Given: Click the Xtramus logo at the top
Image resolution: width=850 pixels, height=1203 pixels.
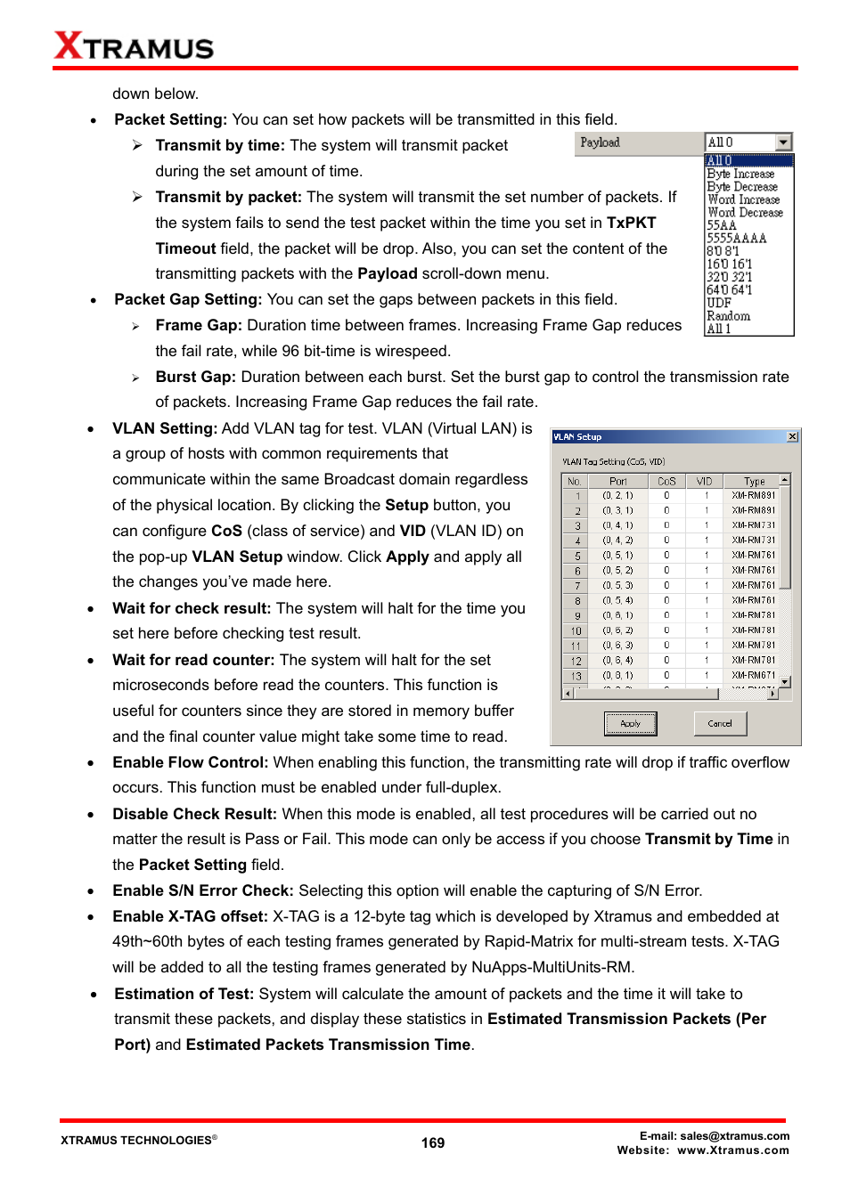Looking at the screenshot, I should click(134, 45).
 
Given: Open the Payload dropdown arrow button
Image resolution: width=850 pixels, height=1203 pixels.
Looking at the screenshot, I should click(783, 142).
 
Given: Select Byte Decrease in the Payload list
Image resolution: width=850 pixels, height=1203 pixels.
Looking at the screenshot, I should click(742, 187).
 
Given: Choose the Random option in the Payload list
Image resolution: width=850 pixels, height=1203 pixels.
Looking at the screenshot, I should click(728, 316).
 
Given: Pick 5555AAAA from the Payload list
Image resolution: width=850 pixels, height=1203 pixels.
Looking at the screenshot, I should click(736, 239).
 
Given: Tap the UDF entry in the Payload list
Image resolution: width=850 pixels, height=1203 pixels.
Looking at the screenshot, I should click(718, 303).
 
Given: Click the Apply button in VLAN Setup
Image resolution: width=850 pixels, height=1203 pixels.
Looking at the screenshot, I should click(630, 724).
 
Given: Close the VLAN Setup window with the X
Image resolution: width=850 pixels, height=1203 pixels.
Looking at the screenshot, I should click(792, 437).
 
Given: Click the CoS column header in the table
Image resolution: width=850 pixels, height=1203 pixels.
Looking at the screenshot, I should click(666, 482).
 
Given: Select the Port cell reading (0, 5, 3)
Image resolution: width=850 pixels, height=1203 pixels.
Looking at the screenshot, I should click(617, 586).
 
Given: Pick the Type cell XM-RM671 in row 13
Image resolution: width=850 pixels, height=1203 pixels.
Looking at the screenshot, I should click(753, 676).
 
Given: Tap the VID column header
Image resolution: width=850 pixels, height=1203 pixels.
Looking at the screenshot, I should click(704, 482).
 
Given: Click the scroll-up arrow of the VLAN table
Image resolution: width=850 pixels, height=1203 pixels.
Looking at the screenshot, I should click(784, 480).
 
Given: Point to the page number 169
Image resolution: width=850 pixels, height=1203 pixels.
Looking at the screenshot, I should click(433, 1142).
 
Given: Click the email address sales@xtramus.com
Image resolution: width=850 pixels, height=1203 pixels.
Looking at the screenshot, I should click(734, 1136).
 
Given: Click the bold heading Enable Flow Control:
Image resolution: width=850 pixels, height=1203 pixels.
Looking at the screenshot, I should click(190, 762).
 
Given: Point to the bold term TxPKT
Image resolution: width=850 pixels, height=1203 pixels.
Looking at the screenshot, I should click(631, 223).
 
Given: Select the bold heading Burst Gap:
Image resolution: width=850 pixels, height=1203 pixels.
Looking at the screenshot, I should click(195, 377).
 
